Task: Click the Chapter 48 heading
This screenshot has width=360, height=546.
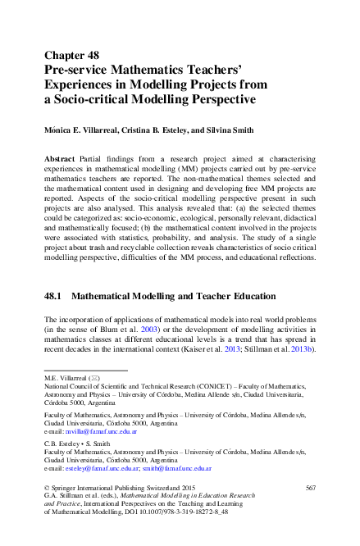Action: click(71, 56)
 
